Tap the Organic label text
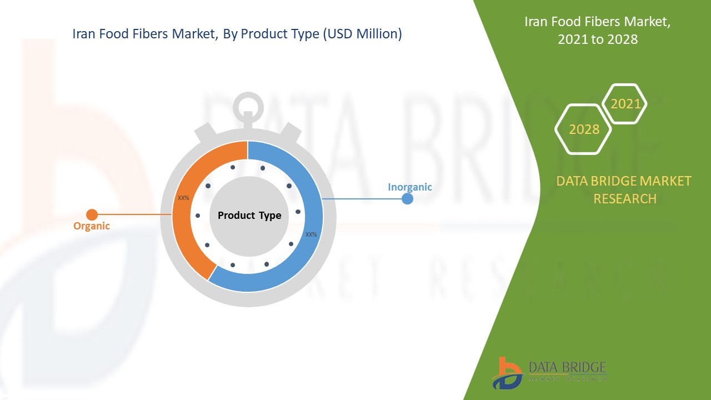92,226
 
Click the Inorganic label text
410,187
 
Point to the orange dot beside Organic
92,214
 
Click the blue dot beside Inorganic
407,198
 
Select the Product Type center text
249,216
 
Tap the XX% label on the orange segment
183,198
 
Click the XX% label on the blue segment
311,234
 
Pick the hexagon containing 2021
625,104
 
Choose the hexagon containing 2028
584,129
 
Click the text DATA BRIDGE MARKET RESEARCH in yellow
624,189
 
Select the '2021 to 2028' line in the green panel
597,39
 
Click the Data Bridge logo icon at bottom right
507,372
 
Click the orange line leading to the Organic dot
133,214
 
